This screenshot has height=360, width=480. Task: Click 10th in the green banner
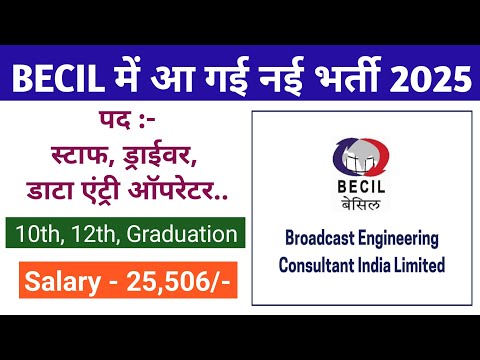point(39,234)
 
